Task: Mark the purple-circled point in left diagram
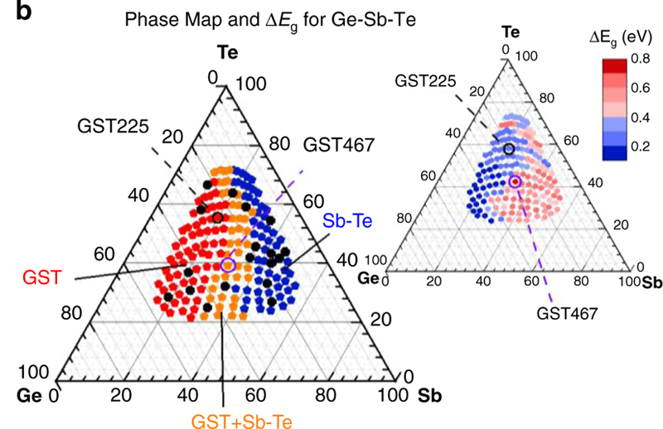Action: [x=229, y=264]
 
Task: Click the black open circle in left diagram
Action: [x=217, y=218]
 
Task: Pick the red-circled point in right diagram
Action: [x=515, y=181]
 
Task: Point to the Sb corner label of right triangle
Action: [x=652, y=282]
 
